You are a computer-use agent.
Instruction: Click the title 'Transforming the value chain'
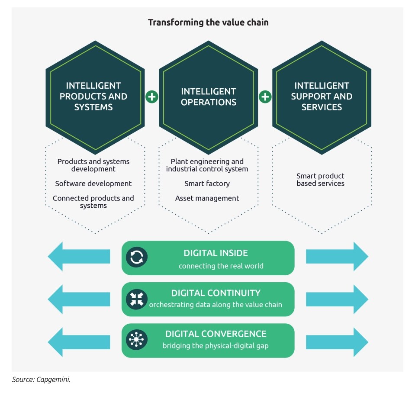pos(208,23)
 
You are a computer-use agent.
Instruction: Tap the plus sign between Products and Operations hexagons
pos(152,97)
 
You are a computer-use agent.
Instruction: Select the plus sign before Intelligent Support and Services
pos(265,97)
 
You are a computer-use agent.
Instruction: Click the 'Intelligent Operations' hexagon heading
pos(209,97)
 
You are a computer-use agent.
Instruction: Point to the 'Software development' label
pos(93,184)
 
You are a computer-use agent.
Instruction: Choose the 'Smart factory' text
pos(207,184)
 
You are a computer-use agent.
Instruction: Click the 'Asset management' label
pos(207,198)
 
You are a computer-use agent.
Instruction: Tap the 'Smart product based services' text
pos(320,180)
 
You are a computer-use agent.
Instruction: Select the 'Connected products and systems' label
pos(93,202)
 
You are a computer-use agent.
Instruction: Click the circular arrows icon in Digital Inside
pos(137,257)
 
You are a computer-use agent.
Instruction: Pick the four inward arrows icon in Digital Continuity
pos(137,299)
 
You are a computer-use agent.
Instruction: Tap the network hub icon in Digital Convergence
pos(137,340)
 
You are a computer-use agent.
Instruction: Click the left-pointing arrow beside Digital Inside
pos(79,256)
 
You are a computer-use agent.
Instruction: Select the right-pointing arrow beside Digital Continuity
pos(337,299)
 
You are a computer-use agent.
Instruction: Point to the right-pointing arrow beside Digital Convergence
pos(337,342)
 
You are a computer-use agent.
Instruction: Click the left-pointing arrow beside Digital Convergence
pos(79,342)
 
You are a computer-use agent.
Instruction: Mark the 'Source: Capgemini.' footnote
pos(41,380)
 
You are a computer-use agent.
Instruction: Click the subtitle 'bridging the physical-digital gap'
pos(216,346)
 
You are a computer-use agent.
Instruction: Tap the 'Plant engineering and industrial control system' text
pos(207,165)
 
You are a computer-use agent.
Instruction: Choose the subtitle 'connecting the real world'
pos(221,266)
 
